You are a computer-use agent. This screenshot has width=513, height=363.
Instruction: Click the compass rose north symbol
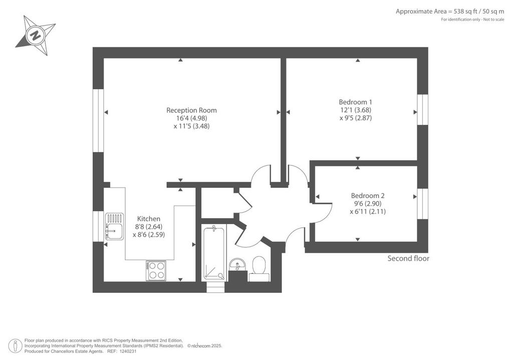click(36, 35)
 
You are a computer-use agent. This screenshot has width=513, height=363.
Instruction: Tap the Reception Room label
click(191, 110)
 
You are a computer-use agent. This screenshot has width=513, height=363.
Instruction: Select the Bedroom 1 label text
click(355, 102)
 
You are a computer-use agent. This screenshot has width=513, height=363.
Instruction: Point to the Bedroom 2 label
click(368, 196)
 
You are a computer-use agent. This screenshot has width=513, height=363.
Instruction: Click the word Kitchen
click(149, 219)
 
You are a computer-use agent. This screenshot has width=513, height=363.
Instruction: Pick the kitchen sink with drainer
click(115, 226)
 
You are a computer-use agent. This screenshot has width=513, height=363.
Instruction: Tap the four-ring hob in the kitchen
click(156, 271)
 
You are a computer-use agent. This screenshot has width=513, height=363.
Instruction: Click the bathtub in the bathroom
click(214, 253)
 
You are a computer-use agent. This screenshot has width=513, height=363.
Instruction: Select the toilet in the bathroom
click(259, 268)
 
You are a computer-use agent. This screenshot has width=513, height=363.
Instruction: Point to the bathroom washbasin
click(237, 264)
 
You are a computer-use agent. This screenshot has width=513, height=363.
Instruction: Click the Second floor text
click(408, 258)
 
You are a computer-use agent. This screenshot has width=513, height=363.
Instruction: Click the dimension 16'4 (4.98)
click(191, 118)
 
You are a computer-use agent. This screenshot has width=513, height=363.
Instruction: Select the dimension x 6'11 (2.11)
click(368, 212)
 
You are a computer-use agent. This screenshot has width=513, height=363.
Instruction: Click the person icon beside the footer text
click(15, 345)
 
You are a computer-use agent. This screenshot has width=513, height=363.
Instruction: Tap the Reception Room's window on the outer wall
click(98, 120)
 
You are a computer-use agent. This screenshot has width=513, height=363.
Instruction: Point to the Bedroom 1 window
click(422, 110)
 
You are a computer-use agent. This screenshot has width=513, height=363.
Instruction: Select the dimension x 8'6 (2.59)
click(149, 235)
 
